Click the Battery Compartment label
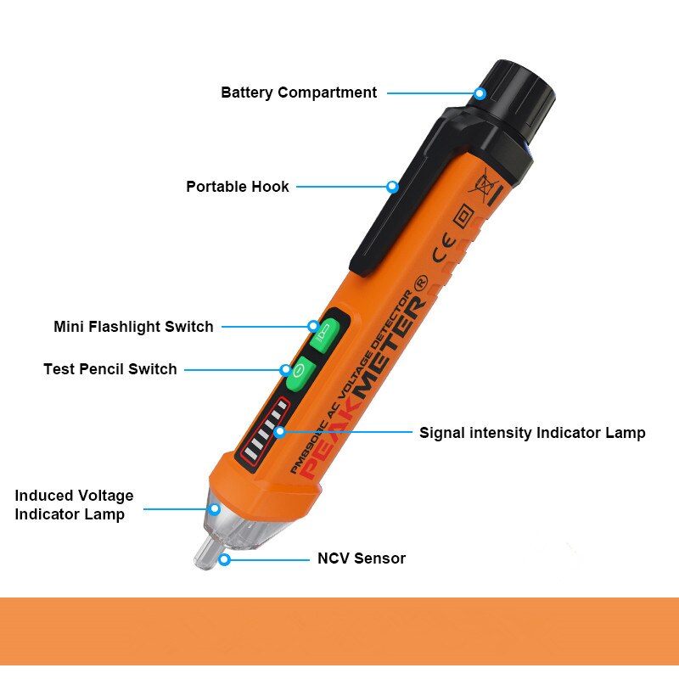(299, 93)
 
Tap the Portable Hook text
(238, 187)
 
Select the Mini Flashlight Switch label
(133, 327)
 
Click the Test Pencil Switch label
(110, 369)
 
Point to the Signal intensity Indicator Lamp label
(532, 433)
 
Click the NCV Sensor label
(362, 558)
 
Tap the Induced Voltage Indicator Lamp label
(74, 505)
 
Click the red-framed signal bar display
(264, 434)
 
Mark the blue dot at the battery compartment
(480, 93)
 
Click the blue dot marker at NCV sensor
(224, 559)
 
